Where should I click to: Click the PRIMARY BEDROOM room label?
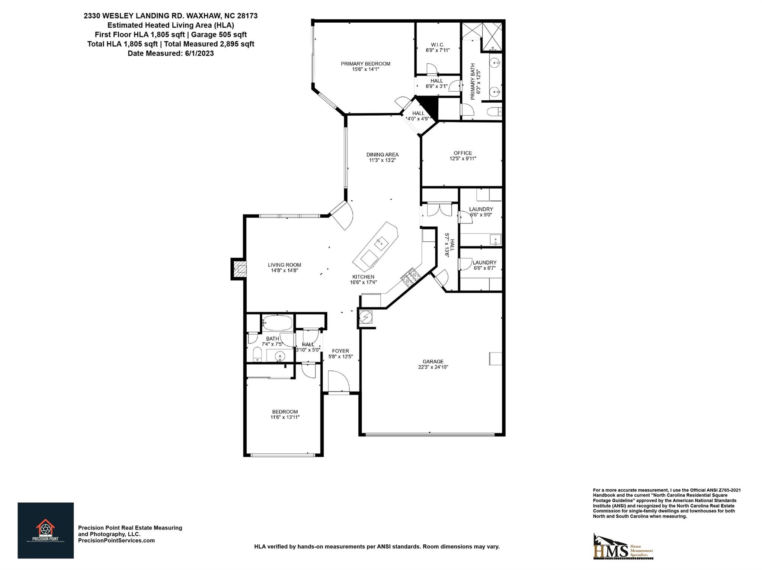click(x=365, y=64)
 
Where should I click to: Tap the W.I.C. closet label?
click(x=438, y=45)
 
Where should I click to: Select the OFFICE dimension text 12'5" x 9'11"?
click(x=462, y=158)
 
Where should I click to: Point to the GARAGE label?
click(x=433, y=361)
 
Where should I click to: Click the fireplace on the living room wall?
click(x=238, y=269)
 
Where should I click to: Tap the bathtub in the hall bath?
click(x=277, y=323)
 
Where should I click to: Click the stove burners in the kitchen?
click(x=410, y=277)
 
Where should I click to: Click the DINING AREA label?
click(x=382, y=155)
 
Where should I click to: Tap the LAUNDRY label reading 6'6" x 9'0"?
click(x=481, y=209)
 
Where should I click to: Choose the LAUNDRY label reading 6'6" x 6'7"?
click(x=484, y=263)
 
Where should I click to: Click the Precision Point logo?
click(x=45, y=530)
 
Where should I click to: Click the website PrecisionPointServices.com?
click(x=116, y=541)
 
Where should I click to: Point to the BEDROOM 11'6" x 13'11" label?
click(x=285, y=412)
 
